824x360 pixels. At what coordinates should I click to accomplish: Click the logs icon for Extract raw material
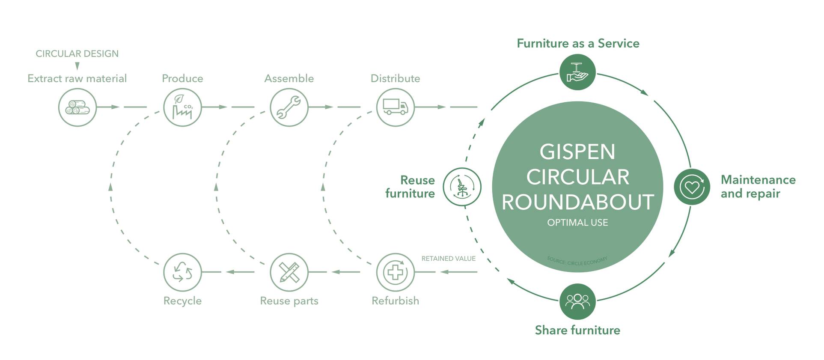pyautogui.click(x=77, y=107)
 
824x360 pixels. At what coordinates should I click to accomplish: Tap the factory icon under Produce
pyautogui.click(x=182, y=107)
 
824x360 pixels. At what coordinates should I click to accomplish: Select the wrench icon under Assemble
pyautogui.click(x=289, y=107)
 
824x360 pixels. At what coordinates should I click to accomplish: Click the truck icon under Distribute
pyautogui.click(x=395, y=107)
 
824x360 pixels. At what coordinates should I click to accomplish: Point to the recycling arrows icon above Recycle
pyautogui.click(x=182, y=272)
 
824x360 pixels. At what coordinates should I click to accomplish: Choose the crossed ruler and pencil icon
pyautogui.click(x=289, y=272)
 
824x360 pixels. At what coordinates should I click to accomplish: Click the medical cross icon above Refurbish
pyautogui.click(x=395, y=272)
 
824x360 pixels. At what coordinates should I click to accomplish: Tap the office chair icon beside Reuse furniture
pyautogui.click(x=462, y=187)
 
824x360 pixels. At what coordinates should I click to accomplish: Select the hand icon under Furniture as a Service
pyautogui.click(x=577, y=72)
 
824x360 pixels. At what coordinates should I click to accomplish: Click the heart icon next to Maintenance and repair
pyautogui.click(x=692, y=187)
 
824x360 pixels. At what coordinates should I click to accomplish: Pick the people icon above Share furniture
pyautogui.click(x=577, y=301)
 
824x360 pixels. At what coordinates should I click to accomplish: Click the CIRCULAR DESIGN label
pyautogui.click(x=77, y=54)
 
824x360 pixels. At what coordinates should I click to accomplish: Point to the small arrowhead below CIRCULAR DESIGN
pyautogui.click(x=77, y=66)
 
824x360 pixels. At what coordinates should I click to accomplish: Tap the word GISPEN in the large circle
pyautogui.click(x=577, y=152)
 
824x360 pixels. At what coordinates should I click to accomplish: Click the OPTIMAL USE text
pyautogui.click(x=577, y=223)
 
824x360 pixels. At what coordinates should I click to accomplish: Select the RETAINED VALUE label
pyautogui.click(x=448, y=259)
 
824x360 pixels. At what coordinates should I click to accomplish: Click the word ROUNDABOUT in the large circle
pyautogui.click(x=577, y=202)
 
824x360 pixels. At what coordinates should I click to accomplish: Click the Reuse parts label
pyautogui.click(x=289, y=301)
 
